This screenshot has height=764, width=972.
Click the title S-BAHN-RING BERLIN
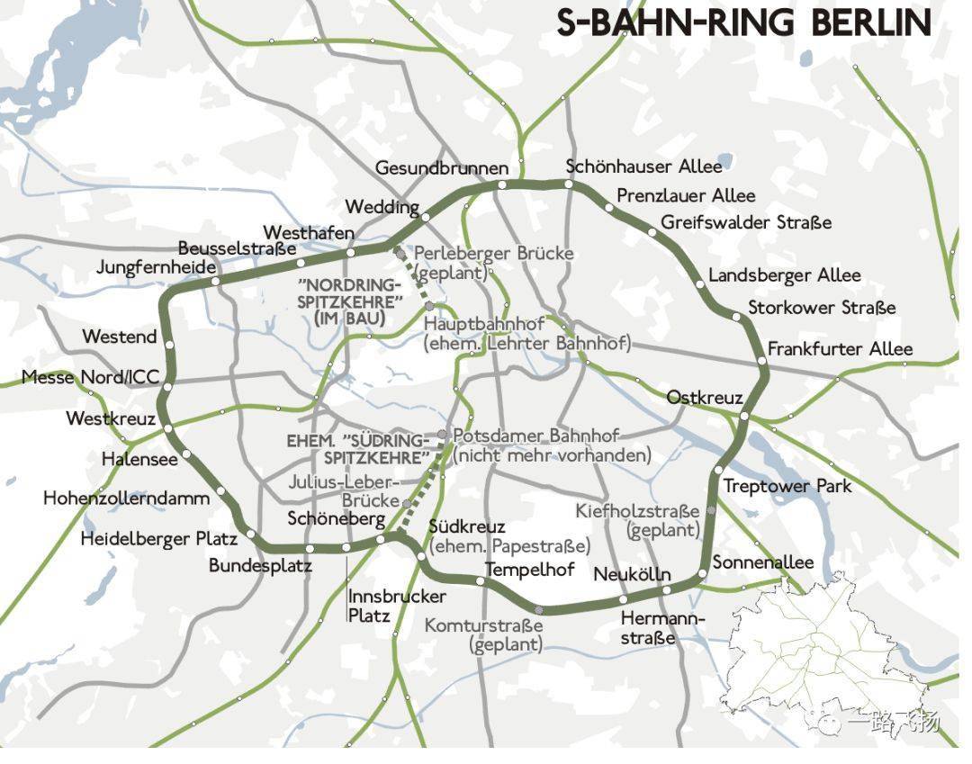pos(743,23)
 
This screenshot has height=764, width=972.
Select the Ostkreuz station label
pos(704,398)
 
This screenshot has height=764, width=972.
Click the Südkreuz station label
pos(466,526)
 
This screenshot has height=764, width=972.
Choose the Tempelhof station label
pos(529,570)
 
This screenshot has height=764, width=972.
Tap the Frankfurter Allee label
pos(839,349)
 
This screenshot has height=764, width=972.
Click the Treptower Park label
pos(787,486)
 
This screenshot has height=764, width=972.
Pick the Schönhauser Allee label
pos(643,166)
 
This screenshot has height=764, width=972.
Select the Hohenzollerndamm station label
pos(126,498)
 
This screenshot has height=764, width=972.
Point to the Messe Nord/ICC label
pos(90,378)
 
